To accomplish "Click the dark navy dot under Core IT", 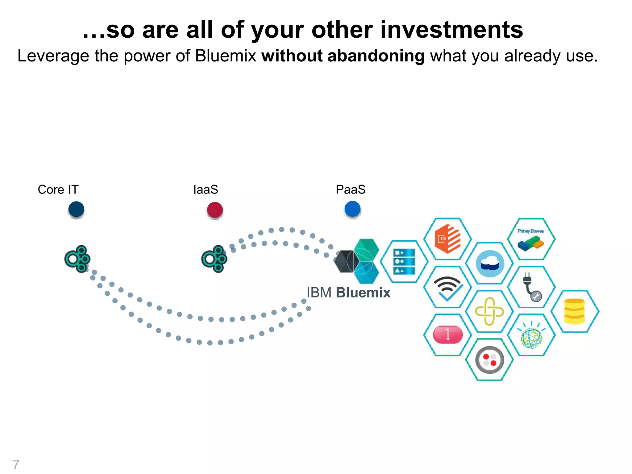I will (x=76, y=209).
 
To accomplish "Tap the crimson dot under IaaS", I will (x=215, y=210).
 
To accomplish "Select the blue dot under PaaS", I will (x=352, y=209).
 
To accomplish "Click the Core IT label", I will (x=58, y=189).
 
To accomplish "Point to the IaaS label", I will (x=206, y=189).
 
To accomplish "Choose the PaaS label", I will (x=351, y=189).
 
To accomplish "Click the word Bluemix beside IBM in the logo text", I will (x=363, y=293).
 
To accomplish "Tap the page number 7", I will (x=16, y=464).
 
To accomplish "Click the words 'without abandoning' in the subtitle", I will (x=343, y=56).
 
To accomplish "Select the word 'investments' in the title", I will (x=451, y=30).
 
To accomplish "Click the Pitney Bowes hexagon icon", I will (x=531, y=239).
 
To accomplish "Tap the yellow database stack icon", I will (x=574, y=311).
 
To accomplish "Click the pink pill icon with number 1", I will (x=448, y=335).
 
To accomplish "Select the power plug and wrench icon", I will (x=531, y=287).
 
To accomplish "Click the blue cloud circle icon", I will (x=490, y=264).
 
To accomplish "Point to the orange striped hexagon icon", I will (x=447, y=239).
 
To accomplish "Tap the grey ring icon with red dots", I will (x=489, y=360).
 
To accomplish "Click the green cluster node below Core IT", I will (x=77, y=259).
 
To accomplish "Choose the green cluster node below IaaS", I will (x=214, y=259).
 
